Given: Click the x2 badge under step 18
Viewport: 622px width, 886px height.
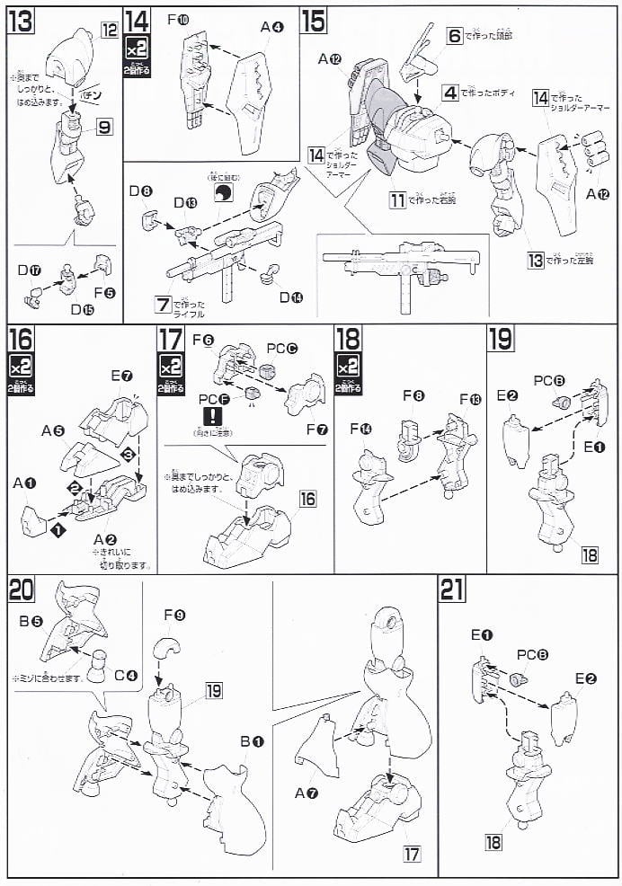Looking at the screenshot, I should [348, 368].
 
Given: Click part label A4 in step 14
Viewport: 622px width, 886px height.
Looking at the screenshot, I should [271, 28].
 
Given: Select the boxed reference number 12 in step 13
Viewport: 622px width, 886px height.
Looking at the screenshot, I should [110, 31].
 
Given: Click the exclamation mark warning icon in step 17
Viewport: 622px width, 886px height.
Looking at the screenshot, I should [213, 416].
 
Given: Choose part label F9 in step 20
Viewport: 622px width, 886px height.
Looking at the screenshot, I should [174, 616].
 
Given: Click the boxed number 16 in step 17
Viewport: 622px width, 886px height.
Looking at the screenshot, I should [308, 497].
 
